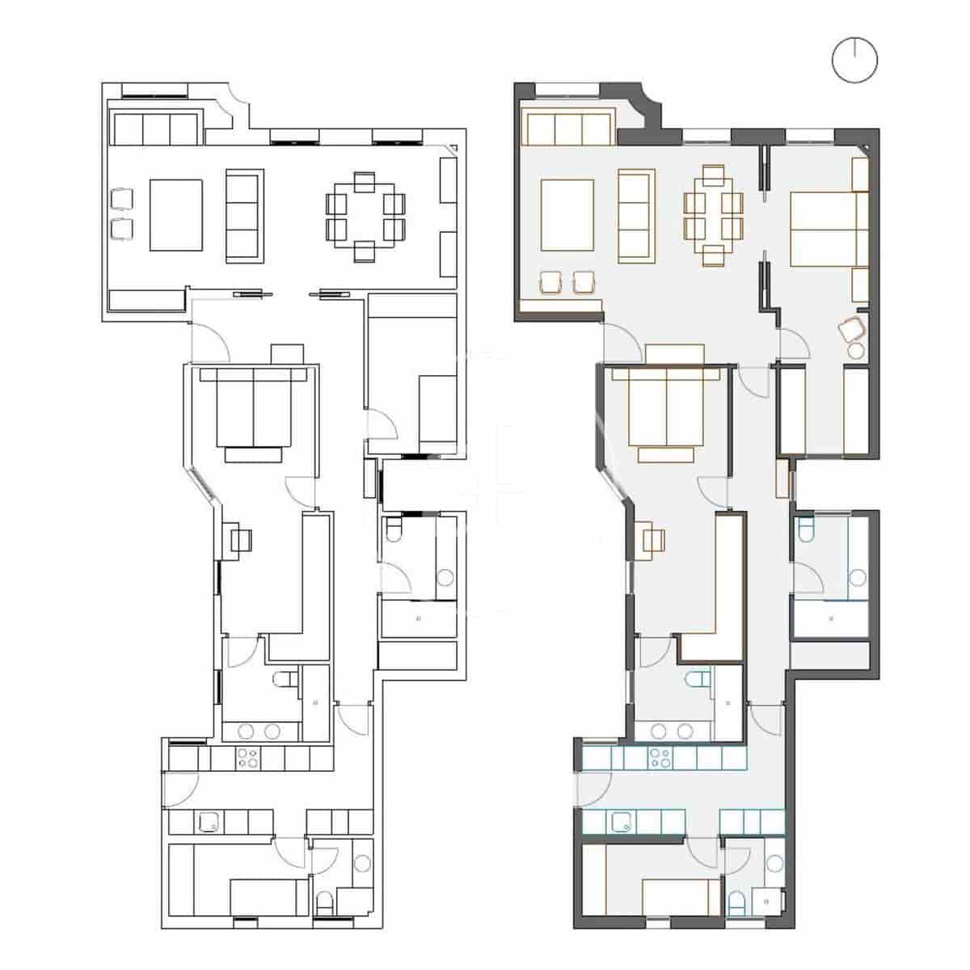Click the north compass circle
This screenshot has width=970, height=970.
[x=854, y=60]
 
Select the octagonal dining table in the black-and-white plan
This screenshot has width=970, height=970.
[x=365, y=217]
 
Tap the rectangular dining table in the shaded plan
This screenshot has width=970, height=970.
[x=713, y=216]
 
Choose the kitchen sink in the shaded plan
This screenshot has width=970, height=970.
[x=623, y=822]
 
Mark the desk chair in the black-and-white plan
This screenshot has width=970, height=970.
[x=242, y=539]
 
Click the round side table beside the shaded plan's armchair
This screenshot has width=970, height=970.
[x=855, y=350]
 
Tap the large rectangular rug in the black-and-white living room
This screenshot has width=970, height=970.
[x=175, y=215]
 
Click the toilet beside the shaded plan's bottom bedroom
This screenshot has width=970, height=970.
[x=736, y=902]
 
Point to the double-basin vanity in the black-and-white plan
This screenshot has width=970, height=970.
[x=260, y=732]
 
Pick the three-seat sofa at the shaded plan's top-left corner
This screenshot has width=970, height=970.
[x=568, y=128]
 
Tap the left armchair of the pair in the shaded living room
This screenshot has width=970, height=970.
[x=552, y=282]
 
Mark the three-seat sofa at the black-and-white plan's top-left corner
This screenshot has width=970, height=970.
[x=156, y=128]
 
